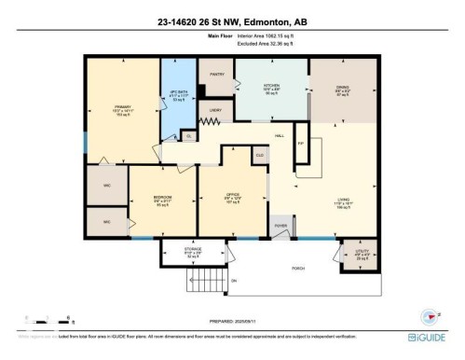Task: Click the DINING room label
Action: click(342, 88)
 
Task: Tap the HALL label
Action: click(280, 135)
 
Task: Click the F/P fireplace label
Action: click(301, 145)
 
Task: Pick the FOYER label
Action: click(280, 226)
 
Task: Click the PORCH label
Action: click(298, 267)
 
